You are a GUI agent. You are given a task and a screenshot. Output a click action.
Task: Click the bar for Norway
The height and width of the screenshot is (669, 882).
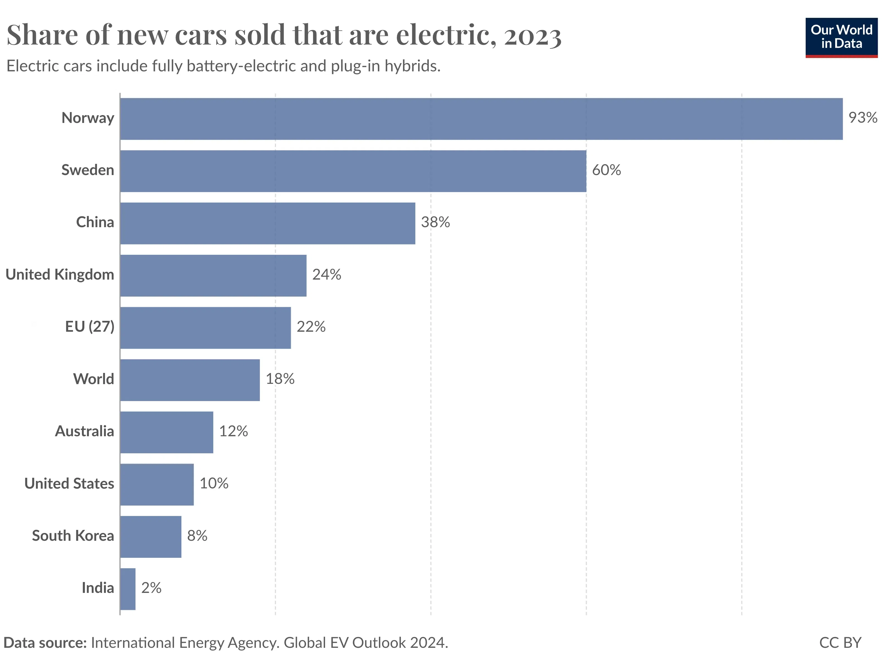[x=481, y=119]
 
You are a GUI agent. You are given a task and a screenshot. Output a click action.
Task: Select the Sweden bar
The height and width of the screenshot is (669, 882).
[x=353, y=171]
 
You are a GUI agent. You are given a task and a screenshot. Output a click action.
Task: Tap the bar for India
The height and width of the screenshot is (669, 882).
[x=128, y=589]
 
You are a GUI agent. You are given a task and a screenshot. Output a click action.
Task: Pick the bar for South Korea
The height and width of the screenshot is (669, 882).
[x=151, y=537]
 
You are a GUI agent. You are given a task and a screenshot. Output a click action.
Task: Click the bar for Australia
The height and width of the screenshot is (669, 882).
[x=167, y=432]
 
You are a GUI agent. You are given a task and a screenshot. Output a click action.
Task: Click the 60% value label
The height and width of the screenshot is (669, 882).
[x=606, y=170]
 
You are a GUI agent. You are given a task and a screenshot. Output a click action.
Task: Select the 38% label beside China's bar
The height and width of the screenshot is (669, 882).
[x=435, y=222]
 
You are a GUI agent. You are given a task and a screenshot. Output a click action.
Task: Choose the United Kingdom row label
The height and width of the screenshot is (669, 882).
[x=60, y=275]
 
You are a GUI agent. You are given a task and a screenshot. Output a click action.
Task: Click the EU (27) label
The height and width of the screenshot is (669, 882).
[x=90, y=327]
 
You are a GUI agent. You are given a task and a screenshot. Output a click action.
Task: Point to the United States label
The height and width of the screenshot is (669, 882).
[x=69, y=484]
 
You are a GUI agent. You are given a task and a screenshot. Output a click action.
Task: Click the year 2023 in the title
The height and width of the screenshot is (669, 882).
[x=533, y=36]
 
